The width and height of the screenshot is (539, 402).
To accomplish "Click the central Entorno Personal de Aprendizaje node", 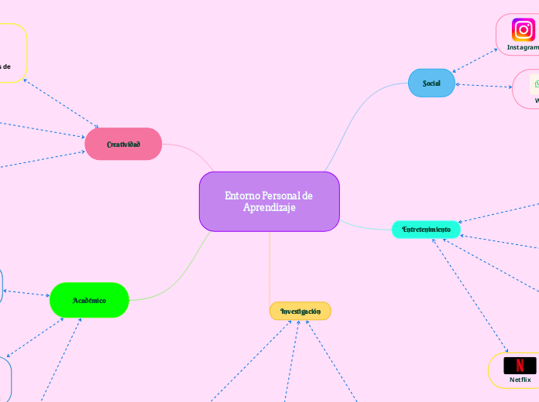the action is click(x=269, y=201).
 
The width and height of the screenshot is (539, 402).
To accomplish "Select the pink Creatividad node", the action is click(x=123, y=144).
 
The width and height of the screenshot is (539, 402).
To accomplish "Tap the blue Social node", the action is click(x=431, y=83).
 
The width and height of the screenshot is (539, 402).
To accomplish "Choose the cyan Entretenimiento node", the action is click(x=426, y=230).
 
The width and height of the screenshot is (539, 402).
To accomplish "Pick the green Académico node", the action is click(x=89, y=300).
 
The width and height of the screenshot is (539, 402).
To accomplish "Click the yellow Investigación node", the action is click(x=300, y=311).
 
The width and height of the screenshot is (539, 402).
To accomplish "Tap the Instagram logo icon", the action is click(x=524, y=30).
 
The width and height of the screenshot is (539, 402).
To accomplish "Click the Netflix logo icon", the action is click(x=520, y=365).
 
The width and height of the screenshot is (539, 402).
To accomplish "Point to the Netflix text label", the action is click(x=520, y=380).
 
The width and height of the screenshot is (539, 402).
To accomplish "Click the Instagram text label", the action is click(x=523, y=47).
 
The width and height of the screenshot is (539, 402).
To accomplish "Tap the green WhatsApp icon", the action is click(x=535, y=83).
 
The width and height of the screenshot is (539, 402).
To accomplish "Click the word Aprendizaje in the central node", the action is click(x=269, y=207).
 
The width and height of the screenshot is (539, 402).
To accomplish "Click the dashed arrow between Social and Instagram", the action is click(x=475, y=60).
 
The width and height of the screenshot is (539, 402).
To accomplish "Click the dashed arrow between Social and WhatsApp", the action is click(x=484, y=85).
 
